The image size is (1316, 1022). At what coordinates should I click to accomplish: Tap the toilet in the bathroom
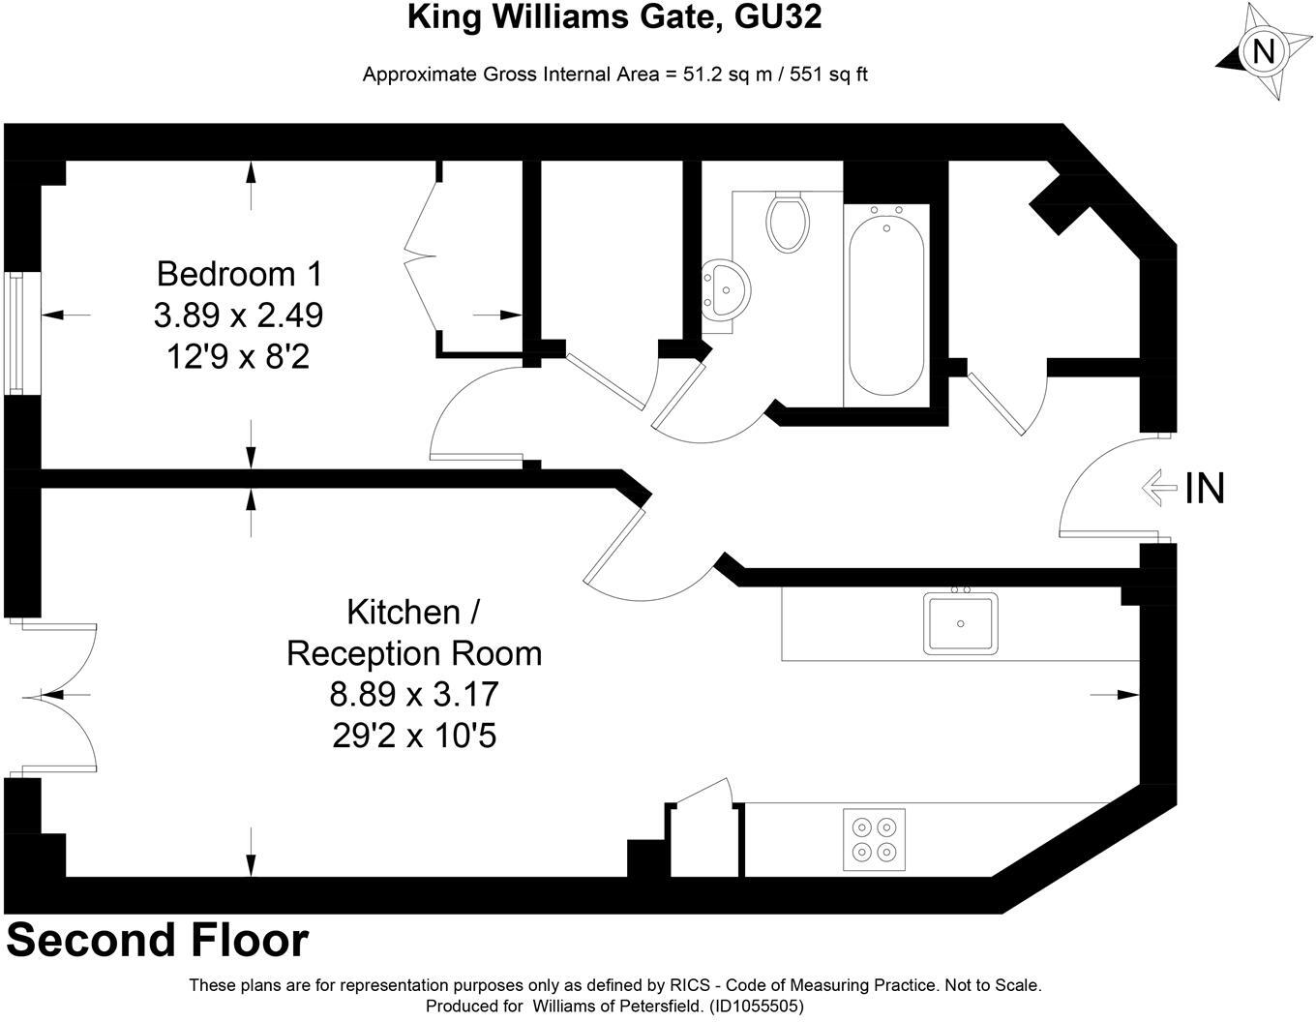[786, 221]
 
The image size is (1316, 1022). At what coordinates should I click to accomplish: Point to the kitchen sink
[959, 623]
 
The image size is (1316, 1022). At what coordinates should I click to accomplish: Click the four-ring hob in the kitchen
[874, 835]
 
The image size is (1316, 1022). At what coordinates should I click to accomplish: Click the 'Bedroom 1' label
[239, 274]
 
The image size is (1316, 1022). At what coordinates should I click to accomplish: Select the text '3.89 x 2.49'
[238, 316]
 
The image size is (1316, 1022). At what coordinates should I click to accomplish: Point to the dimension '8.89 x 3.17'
[414, 694]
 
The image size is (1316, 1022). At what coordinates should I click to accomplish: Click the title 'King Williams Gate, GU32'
[614, 17]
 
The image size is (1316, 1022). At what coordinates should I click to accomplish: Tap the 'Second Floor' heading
[158, 940]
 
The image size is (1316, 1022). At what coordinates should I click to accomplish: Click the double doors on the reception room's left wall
[58, 697]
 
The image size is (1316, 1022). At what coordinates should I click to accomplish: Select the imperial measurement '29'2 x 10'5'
[414, 736]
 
